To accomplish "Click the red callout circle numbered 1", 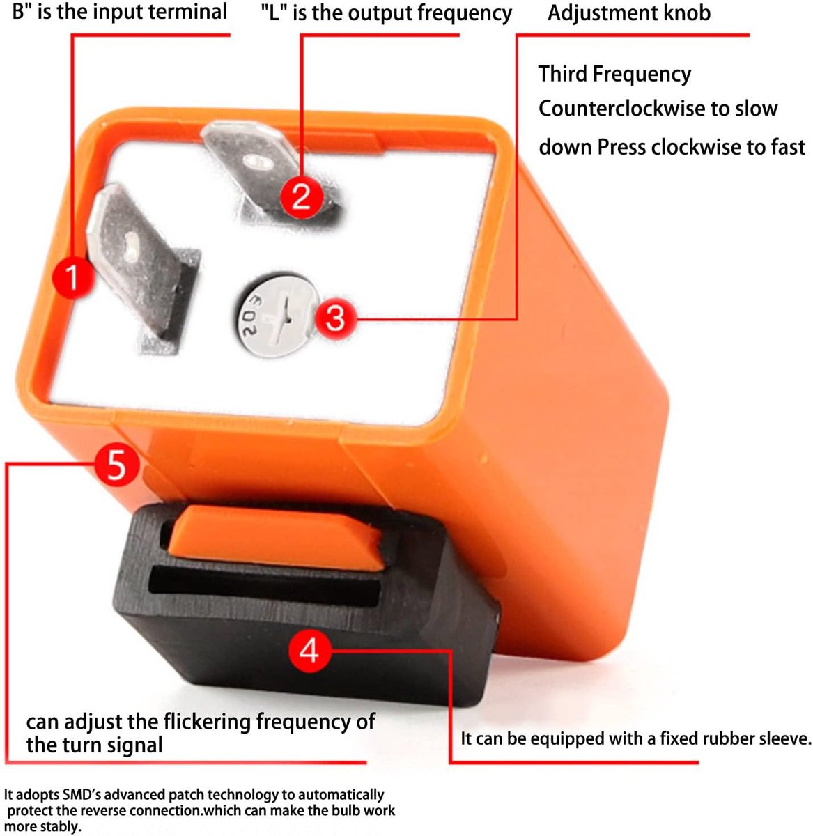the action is [72, 277].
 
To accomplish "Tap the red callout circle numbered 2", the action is [301, 196].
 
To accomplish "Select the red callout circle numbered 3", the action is [336, 318].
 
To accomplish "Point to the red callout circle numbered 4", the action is [309, 651].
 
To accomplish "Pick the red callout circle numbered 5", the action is [116, 465].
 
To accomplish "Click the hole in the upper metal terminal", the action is [258, 162].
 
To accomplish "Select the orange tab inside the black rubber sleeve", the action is [276, 537].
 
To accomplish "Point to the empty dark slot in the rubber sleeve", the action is [264, 587].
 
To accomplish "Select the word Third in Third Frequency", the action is [562, 73].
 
